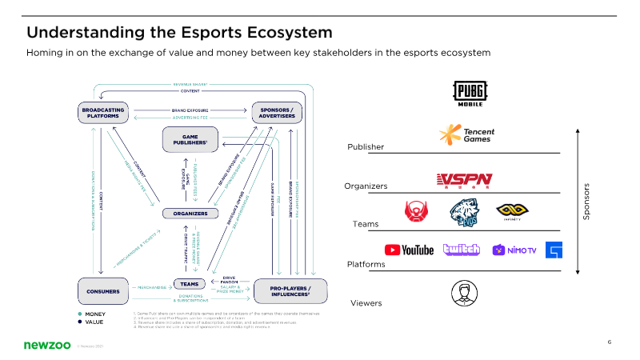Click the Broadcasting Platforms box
coord(103,113)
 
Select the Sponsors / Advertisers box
coord(276,113)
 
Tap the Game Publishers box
coord(190,139)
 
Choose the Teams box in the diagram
coord(190,284)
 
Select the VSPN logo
coord(464,181)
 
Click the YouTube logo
coord(409,250)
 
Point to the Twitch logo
coord(461,250)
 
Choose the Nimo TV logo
coord(514,250)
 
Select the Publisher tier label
coord(366,147)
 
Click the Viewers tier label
coord(366,303)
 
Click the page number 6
coord(610,342)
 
